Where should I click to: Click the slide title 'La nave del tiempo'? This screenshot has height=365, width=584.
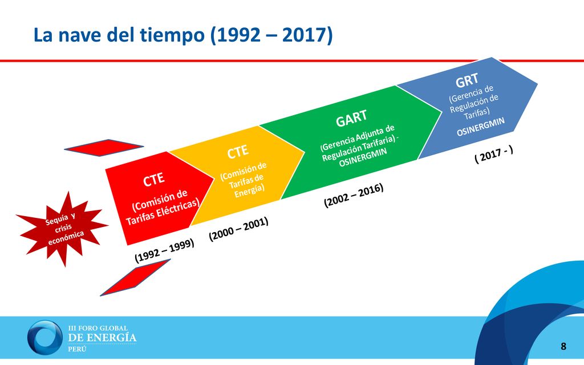pos(119,35)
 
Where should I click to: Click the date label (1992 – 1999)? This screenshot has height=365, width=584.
pos(164,250)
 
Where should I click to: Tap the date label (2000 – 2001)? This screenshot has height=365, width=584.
pos(238,229)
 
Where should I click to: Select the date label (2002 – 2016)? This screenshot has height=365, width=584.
pos(354,195)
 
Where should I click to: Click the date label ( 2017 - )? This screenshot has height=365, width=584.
pos(494,154)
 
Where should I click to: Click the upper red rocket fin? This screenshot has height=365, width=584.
pos(104,148)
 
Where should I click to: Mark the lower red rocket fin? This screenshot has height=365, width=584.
pos(135,278)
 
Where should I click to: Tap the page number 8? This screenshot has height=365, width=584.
pos(563,346)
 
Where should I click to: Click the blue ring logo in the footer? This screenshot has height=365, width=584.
pos(45,338)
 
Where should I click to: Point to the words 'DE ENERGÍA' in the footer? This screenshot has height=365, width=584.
pos(102,338)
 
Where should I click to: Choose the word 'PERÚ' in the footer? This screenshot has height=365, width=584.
pos(77,349)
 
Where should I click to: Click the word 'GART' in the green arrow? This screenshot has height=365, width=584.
pos(351,119)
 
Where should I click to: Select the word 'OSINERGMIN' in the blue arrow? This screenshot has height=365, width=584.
pos(480,127)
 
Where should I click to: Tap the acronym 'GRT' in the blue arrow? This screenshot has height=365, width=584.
pos(467,80)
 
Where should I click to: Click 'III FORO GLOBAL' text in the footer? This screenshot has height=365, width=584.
pos(98,328)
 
